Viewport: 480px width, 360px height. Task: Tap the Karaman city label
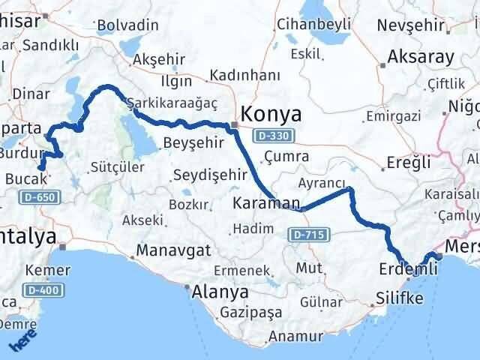point(267,203)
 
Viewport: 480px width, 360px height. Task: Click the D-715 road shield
point(306,235)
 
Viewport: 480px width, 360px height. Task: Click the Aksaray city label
point(421,57)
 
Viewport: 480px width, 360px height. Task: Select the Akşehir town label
point(159,61)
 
